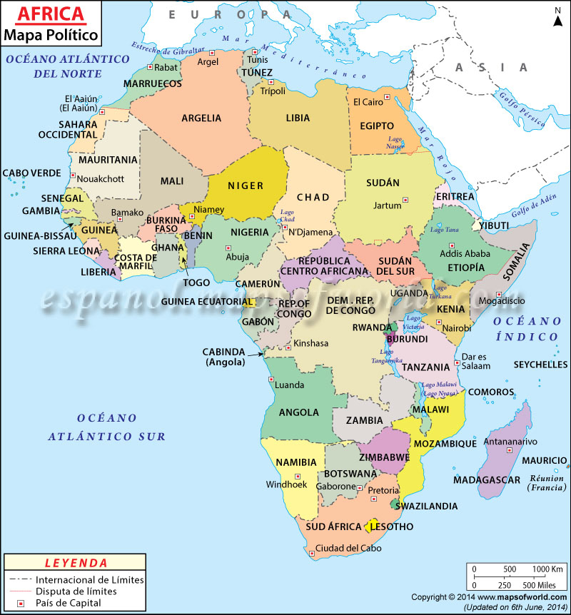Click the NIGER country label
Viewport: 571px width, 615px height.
coord(246,186)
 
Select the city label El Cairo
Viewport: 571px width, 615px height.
coord(368,102)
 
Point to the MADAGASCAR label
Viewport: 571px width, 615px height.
coord(487,479)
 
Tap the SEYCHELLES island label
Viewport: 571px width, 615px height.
coord(540,364)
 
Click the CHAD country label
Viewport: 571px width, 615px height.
coord(313,197)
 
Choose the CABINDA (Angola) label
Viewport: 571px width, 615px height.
coord(224,357)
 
